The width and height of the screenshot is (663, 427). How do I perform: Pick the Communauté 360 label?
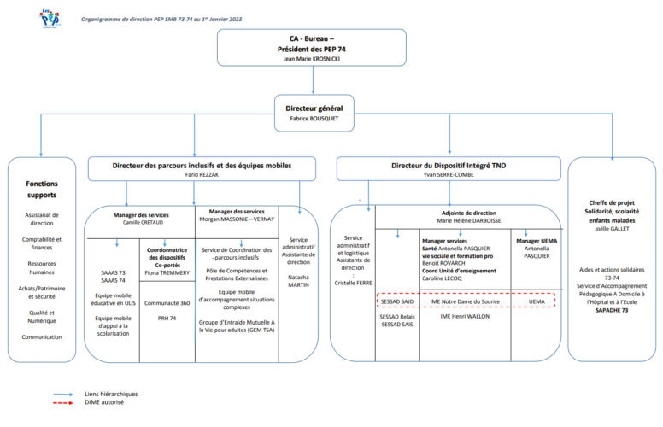pos(167,302)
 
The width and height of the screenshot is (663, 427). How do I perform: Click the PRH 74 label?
pos(167,318)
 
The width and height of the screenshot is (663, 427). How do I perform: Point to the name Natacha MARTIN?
pos(299,283)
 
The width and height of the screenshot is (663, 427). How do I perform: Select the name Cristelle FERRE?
pos(353,282)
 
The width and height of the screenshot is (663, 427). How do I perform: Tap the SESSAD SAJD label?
pos(396,301)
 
